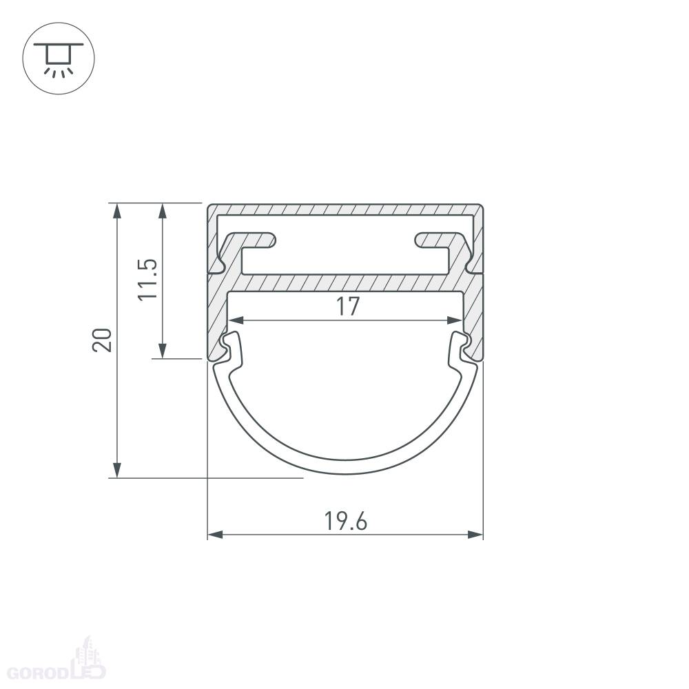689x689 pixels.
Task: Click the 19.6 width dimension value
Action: click(x=345, y=521)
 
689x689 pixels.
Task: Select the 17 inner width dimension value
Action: click(x=347, y=307)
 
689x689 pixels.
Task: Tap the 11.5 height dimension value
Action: click(x=147, y=280)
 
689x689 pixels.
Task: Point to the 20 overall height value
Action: click(x=102, y=340)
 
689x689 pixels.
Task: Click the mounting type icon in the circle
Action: click(x=59, y=59)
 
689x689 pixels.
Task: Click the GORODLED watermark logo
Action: click(x=56, y=664)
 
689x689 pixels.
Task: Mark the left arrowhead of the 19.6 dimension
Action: click(x=215, y=535)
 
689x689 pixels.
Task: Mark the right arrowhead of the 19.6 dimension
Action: click(x=475, y=535)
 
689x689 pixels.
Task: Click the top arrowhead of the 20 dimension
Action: click(x=117, y=211)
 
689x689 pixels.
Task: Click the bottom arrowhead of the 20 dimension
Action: click(x=117, y=470)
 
